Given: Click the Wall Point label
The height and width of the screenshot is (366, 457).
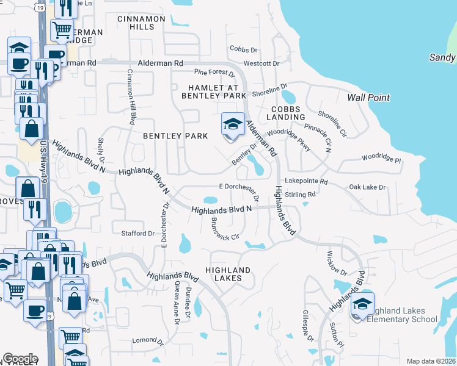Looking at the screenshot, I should [368, 98].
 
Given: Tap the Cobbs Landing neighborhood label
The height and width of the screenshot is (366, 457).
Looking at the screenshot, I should [285, 112].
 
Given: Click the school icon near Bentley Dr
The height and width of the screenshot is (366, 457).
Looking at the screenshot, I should [232, 125].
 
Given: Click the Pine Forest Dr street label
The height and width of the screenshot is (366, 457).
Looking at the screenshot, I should [214, 74].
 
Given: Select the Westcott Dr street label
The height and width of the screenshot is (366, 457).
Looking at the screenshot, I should [261, 63].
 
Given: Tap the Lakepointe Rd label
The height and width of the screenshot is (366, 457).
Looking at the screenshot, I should [306, 182].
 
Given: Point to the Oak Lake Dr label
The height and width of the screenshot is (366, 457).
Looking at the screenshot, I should [368, 187].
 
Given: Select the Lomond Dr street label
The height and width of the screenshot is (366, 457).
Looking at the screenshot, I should [145, 339].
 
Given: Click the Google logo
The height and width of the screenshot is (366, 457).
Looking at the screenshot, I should [20, 359].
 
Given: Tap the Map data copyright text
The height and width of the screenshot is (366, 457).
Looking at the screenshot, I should [431, 361].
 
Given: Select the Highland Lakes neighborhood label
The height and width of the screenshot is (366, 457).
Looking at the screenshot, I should [228, 274].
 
